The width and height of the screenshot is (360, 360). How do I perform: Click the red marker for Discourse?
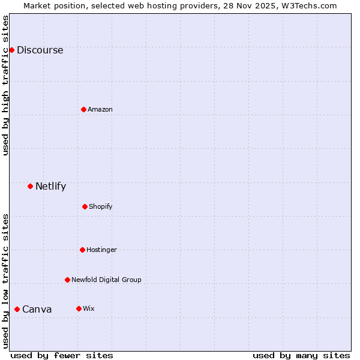[11, 50]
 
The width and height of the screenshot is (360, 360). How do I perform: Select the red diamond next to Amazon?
[83, 109]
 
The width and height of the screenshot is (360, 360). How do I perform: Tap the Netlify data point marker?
[30, 186]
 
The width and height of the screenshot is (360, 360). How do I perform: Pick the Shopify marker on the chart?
[85, 206]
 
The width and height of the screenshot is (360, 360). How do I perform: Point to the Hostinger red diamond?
[82, 250]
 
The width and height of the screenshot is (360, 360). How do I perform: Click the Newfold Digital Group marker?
[67, 280]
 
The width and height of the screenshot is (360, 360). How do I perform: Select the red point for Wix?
[79, 308]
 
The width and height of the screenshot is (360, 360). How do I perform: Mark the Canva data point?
[17, 309]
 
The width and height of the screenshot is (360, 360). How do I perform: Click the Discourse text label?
[40, 50]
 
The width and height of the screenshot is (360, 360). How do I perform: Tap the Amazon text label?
[100, 109]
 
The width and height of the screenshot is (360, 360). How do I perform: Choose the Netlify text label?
[50, 186]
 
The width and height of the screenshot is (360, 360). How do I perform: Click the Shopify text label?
[101, 206]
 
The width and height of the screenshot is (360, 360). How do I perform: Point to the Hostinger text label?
[101, 250]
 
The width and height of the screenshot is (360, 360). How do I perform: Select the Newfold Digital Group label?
[106, 280]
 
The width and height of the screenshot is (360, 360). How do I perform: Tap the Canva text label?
[37, 310]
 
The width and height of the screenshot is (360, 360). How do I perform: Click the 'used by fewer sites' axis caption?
[62, 355]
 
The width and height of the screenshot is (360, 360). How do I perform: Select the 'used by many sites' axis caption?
[301, 355]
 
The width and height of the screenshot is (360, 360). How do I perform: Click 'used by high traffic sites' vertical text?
[5, 85]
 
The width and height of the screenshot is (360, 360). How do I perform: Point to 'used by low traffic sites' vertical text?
[5, 281]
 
